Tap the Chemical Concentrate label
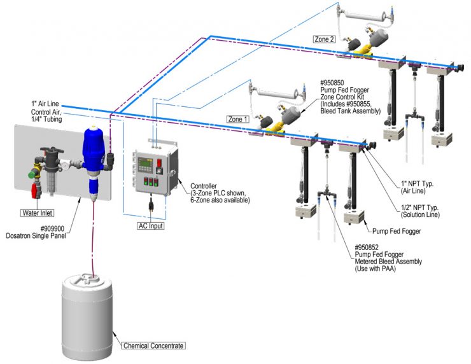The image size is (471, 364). tap(153, 346)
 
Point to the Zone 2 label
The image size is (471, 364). tap(324, 39)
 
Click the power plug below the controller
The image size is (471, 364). tap(152, 206)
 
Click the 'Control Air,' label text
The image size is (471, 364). tap(46, 113)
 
